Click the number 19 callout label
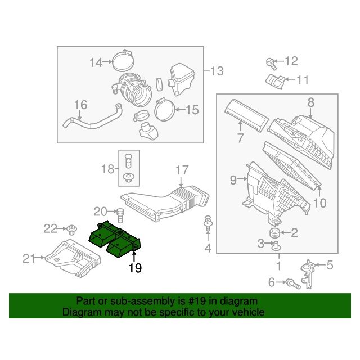coord(135,268)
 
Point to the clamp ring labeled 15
coord(165,110)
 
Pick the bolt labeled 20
coord(120,215)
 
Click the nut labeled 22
coord(72,230)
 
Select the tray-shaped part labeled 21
coord(73,258)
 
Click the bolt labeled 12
coord(271,63)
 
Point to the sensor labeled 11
coord(275,82)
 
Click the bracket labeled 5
coord(308,274)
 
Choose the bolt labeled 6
coord(293,283)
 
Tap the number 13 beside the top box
coord(217,71)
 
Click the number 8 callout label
coord(311,102)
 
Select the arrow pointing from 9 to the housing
coord(242,179)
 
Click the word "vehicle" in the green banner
coord(248,312)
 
